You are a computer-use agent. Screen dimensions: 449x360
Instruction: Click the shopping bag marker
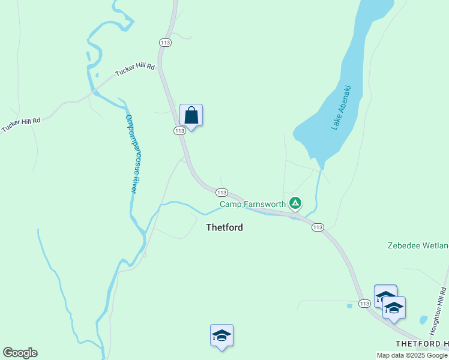191,115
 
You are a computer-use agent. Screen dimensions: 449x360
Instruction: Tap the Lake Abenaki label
341,108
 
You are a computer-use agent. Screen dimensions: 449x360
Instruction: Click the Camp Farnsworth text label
253,204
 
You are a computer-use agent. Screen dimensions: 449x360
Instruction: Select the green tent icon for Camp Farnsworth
295,203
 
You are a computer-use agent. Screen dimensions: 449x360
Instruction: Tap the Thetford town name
224,227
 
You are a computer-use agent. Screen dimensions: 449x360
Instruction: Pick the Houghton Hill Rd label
438,309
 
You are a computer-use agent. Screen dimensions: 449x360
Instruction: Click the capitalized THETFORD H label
422,343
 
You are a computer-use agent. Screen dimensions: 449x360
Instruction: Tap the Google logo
20,353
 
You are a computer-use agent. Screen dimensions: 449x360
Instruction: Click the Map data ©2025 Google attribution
412,355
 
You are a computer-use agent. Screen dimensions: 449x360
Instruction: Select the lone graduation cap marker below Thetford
221,335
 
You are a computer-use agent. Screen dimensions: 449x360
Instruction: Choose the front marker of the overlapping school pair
394,308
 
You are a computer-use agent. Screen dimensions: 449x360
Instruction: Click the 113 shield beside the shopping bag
179,130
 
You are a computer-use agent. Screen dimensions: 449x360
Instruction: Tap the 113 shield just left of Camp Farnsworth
221,193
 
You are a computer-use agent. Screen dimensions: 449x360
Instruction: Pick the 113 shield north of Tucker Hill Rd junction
165,42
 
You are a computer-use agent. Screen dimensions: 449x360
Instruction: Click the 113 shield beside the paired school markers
364,304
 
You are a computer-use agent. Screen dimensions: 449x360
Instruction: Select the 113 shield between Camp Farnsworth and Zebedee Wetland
318,227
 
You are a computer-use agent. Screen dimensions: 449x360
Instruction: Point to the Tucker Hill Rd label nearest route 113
135,71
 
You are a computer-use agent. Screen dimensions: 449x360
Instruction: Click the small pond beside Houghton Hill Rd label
424,320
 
